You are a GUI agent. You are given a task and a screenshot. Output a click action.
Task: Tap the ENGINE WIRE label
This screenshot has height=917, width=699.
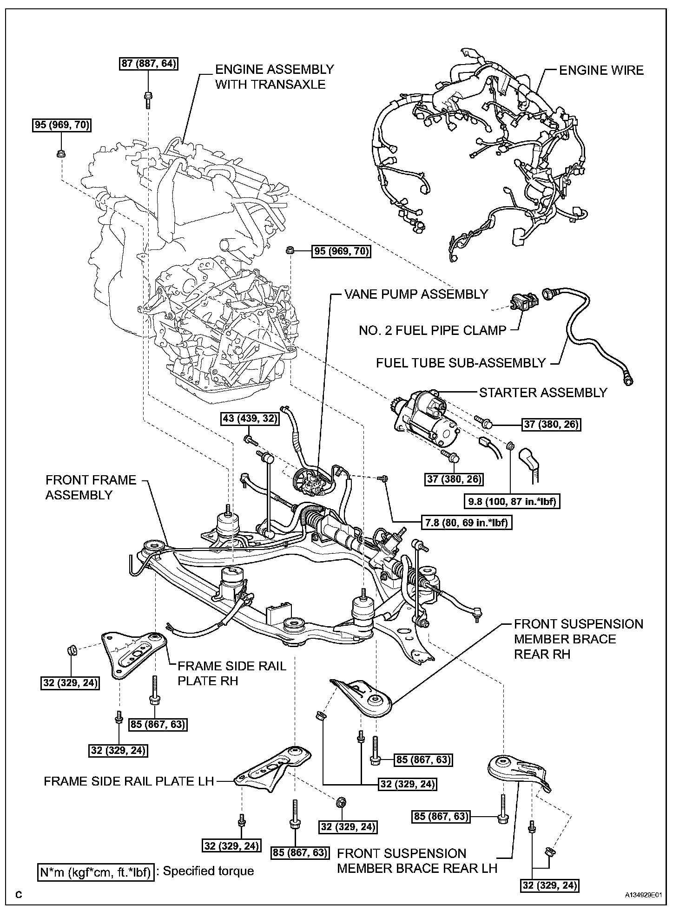[601, 71]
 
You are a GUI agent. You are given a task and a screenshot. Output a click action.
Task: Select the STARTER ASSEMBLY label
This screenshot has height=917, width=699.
[543, 393]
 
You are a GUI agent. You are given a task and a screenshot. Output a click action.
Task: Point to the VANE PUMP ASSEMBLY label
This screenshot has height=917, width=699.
[416, 294]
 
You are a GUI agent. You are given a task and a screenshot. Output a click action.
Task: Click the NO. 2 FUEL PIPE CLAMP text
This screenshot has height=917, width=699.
[432, 331]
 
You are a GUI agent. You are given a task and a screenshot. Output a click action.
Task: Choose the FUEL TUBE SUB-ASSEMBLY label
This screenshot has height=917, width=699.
[461, 363]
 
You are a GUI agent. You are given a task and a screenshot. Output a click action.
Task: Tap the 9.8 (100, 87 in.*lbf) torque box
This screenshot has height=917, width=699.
[511, 502]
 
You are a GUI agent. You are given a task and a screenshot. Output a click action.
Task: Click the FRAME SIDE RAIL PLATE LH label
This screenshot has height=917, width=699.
[129, 781]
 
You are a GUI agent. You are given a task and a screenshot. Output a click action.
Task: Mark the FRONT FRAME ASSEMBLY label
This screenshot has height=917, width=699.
[91, 487]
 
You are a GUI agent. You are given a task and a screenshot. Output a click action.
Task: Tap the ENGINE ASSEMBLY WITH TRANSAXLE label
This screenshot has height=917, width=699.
[274, 77]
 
